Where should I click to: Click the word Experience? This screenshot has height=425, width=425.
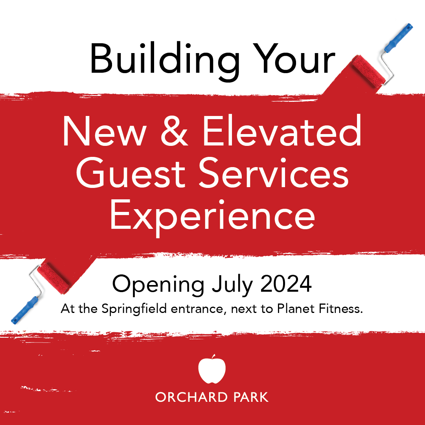click(x=212, y=216)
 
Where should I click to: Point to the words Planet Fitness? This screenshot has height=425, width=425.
click(x=319, y=309)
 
